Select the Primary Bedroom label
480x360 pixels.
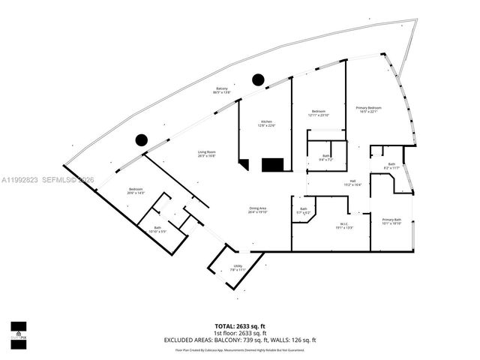pos(367,109)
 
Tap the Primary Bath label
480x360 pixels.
pos(391,220)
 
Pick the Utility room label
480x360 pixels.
pos(238,267)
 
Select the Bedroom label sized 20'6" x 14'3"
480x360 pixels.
pos(136,190)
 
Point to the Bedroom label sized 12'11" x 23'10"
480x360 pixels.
pos(318,113)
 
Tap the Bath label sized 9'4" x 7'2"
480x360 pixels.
pos(325,157)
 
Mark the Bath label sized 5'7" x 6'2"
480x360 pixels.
pos(304,211)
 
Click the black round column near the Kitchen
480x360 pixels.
pos(258,79)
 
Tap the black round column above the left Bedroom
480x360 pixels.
pos(140,139)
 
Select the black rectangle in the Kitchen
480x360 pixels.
pos(271,164)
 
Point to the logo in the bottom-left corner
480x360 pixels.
pos(18,331)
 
